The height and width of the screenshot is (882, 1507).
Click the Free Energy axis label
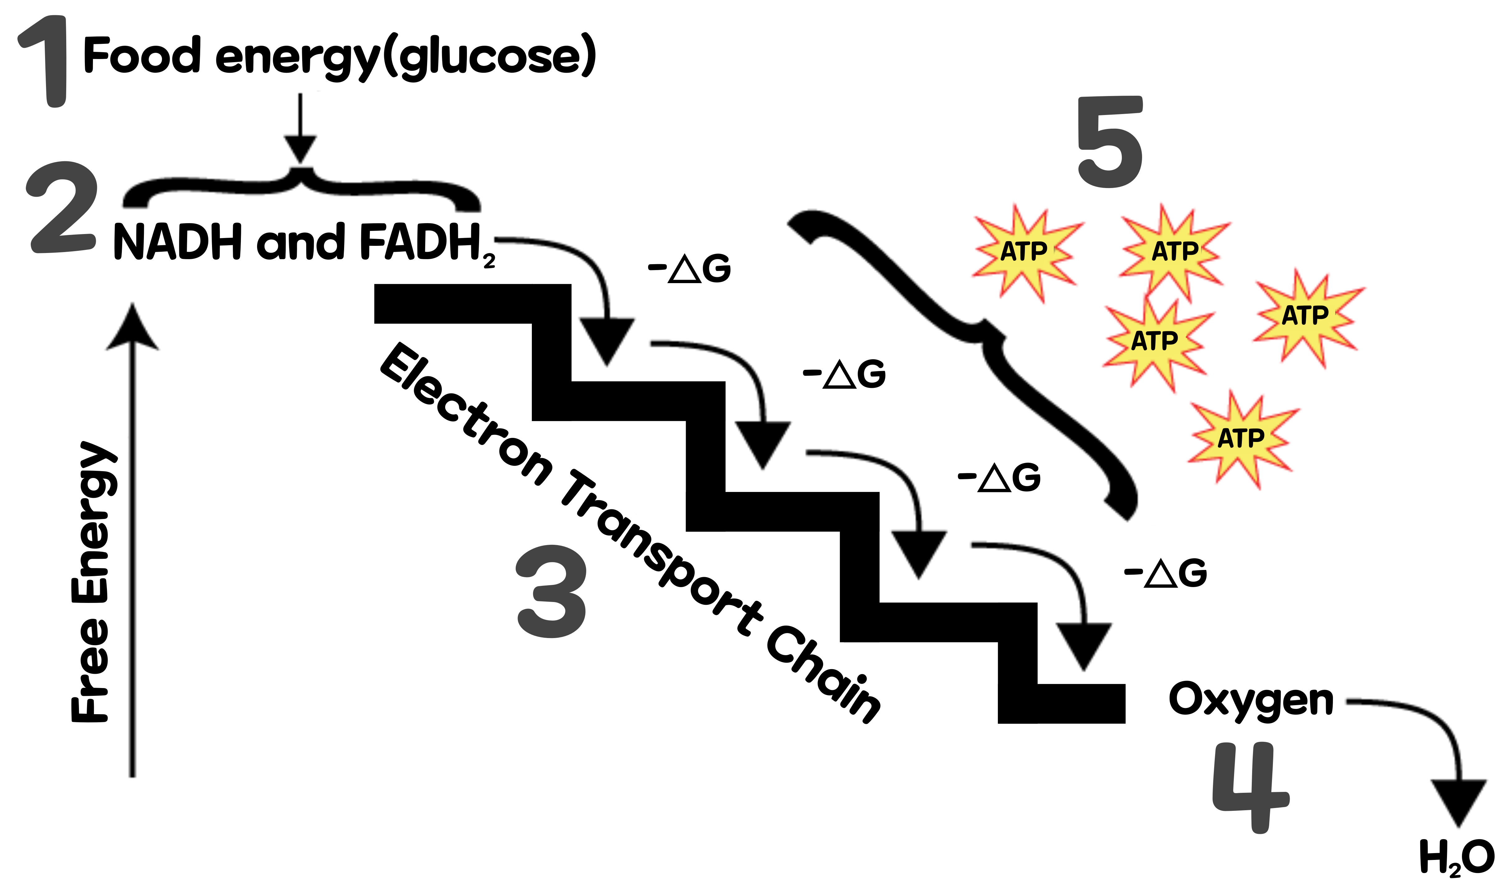tap(91, 583)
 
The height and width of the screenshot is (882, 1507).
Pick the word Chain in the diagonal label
tap(822, 676)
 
